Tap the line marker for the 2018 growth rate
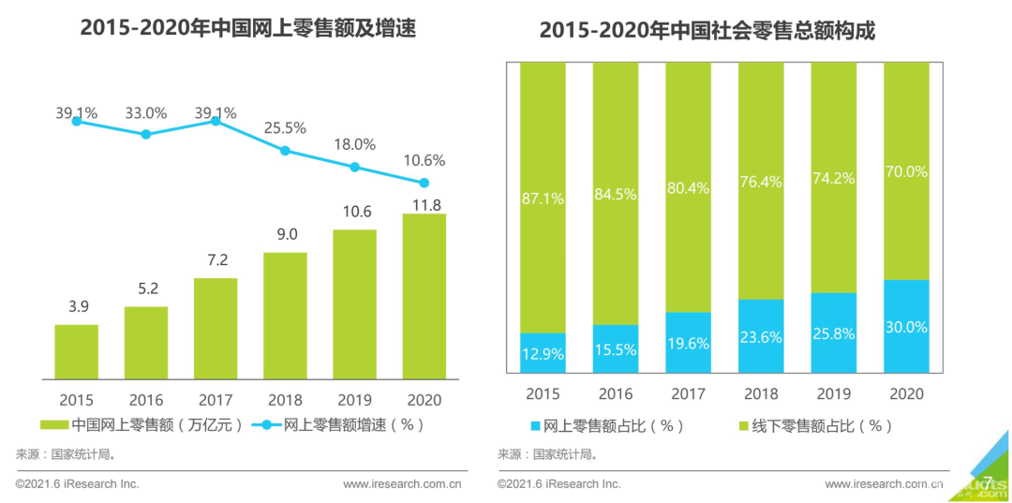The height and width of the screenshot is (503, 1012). (x=285, y=150)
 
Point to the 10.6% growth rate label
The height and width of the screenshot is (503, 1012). (x=424, y=160)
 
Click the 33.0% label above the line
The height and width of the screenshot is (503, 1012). (x=145, y=113)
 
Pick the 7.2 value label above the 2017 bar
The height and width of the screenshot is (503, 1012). (x=216, y=260)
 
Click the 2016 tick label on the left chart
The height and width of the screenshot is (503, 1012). (x=146, y=400)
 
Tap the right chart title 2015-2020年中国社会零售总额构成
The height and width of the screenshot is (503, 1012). (x=707, y=31)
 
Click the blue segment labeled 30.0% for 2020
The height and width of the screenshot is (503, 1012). (x=906, y=326)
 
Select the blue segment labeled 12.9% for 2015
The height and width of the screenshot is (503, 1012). (x=543, y=353)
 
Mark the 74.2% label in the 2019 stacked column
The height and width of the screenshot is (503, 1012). (x=833, y=180)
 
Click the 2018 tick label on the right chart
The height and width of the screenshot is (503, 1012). (x=761, y=393)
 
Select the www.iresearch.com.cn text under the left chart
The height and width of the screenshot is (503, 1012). (x=402, y=484)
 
